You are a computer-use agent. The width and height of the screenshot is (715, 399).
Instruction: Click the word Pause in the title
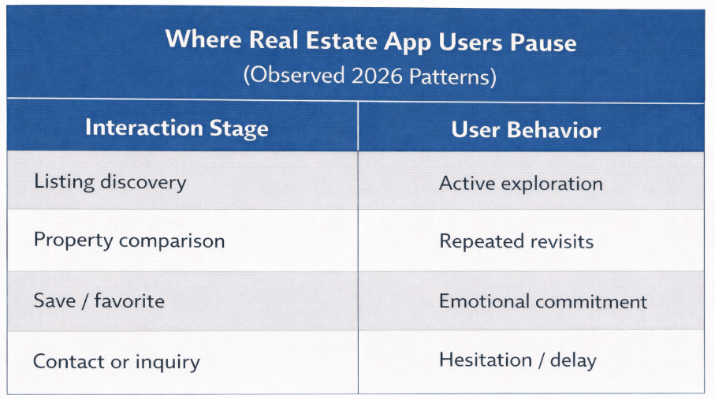[543, 43]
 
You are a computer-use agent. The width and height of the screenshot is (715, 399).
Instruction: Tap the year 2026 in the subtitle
[377, 76]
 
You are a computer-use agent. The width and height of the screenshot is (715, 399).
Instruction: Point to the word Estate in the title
[341, 40]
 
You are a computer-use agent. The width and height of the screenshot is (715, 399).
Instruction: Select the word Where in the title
[203, 39]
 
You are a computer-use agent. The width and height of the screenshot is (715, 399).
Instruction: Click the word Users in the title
[471, 42]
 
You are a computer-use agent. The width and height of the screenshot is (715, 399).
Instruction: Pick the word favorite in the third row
[129, 300]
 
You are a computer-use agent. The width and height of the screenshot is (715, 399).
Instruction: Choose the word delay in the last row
[573, 360]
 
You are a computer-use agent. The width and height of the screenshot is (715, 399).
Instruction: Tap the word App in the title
[408, 43]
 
